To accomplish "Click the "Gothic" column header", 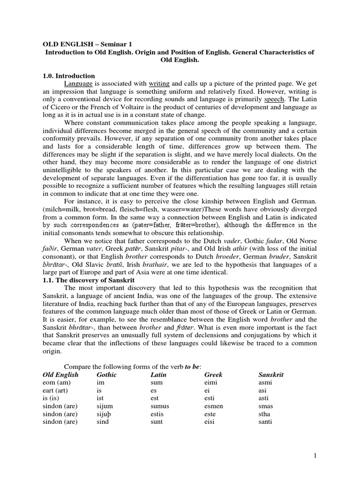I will pyautogui.click(x=106, y=375).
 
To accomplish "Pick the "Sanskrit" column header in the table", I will pyautogui.click(x=271, y=375).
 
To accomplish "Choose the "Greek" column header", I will pyautogui.click(x=213, y=375).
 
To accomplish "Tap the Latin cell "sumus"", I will pyautogui.click(x=160, y=406).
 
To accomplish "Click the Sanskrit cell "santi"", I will pyautogui.click(x=266, y=421).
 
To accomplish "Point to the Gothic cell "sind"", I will pyautogui.click(x=103, y=421).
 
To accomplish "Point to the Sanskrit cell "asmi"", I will pyautogui.click(x=266, y=382).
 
